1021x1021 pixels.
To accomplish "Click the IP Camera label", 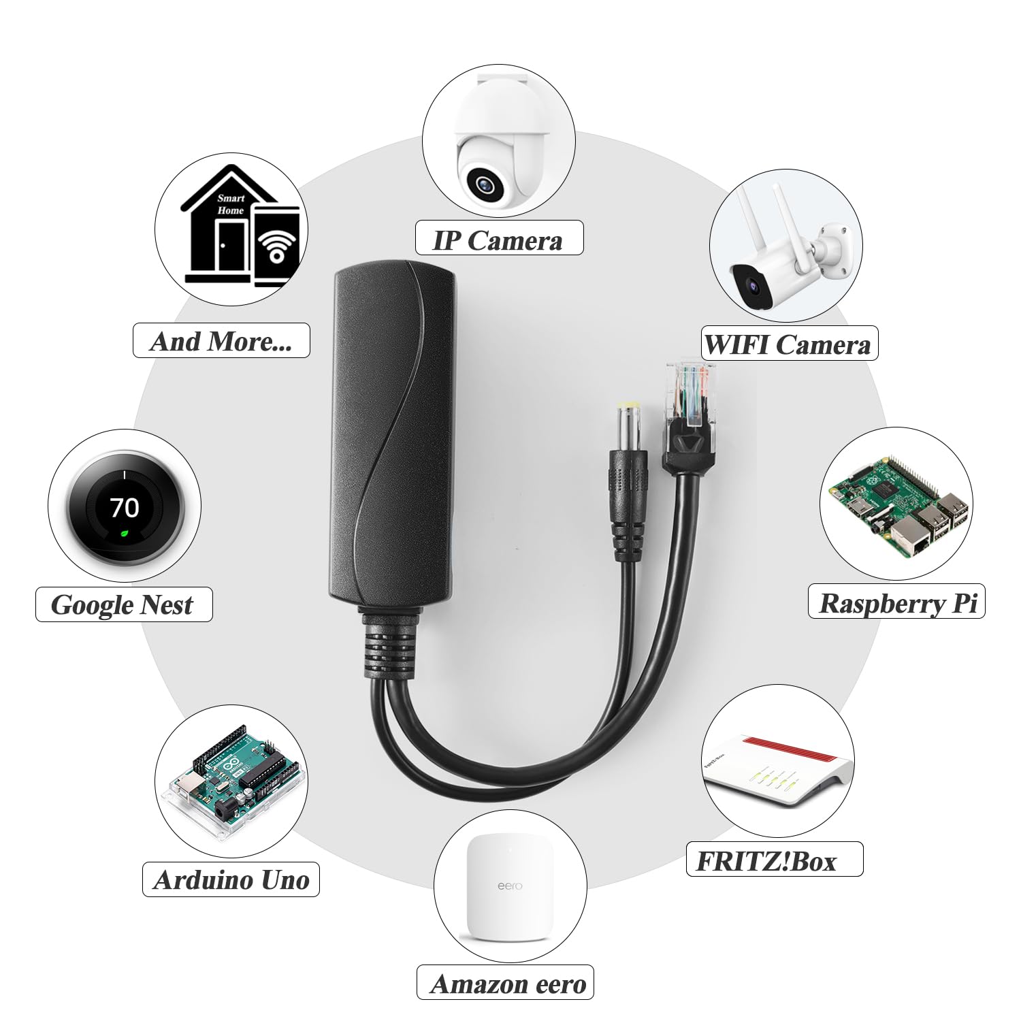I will [x=499, y=240].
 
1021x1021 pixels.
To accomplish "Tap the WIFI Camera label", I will [x=788, y=344].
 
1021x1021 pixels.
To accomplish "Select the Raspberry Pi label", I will [x=897, y=603].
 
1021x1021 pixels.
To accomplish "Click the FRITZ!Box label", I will [x=766, y=861].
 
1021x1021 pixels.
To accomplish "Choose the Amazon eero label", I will [x=508, y=984].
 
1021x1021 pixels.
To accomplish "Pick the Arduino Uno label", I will [x=231, y=879].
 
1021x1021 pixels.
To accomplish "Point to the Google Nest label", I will [x=123, y=604].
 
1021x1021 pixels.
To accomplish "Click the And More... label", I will [x=221, y=341].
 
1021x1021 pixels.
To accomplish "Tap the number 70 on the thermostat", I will [x=125, y=507].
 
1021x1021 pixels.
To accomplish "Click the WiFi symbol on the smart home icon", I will [x=276, y=245].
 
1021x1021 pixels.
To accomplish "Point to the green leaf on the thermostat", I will [x=125, y=532].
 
